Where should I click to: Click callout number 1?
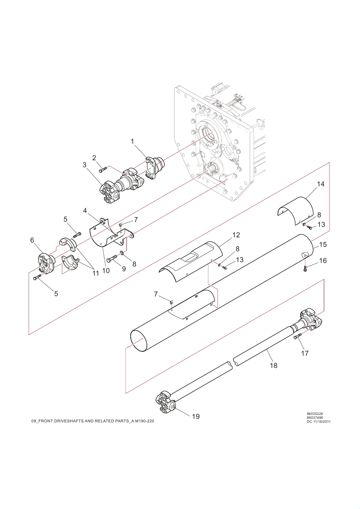tap(132, 141)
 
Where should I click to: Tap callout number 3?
tap(85, 165)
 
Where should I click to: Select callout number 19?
tap(196, 416)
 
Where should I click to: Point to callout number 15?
tap(323, 244)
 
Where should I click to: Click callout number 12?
tap(236, 235)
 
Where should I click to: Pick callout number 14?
tap(321, 184)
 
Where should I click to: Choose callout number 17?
tap(305, 353)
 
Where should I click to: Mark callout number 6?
tap(32, 240)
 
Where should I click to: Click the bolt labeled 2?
tap(102, 169)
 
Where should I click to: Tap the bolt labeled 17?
tap(298, 336)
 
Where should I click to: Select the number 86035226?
tap(315, 414)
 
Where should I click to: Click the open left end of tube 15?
tap(139, 341)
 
